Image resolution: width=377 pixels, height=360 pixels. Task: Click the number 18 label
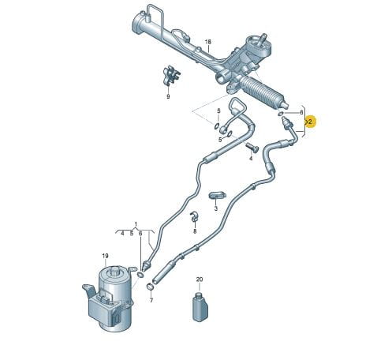tap(208, 42)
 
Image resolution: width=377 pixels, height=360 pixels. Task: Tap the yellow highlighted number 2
tap(310, 122)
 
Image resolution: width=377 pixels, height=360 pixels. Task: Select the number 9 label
tap(168, 96)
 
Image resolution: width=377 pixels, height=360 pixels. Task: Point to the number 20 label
tap(200, 279)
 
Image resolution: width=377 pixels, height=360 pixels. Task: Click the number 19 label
tap(105, 256)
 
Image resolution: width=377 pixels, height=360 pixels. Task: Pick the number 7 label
tap(151, 300)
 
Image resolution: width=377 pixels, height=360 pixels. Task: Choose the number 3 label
tap(216, 208)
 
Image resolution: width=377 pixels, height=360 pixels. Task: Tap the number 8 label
tap(195, 231)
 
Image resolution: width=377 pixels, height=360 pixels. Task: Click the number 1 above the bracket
tap(136, 224)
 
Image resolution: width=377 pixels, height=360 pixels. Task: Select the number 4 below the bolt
tap(251, 158)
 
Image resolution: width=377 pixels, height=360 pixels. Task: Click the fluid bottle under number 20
tap(200, 306)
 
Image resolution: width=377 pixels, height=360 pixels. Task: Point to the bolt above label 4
tap(252, 148)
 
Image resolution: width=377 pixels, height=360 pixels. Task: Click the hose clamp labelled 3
tap(218, 195)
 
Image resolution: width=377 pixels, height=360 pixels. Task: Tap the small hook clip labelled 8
tap(194, 216)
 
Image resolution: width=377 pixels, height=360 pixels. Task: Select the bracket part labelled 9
tap(171, 76)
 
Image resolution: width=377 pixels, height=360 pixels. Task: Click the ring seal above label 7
tap(150, 287)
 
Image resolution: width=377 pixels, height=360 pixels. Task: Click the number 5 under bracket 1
tap(132, 234)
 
